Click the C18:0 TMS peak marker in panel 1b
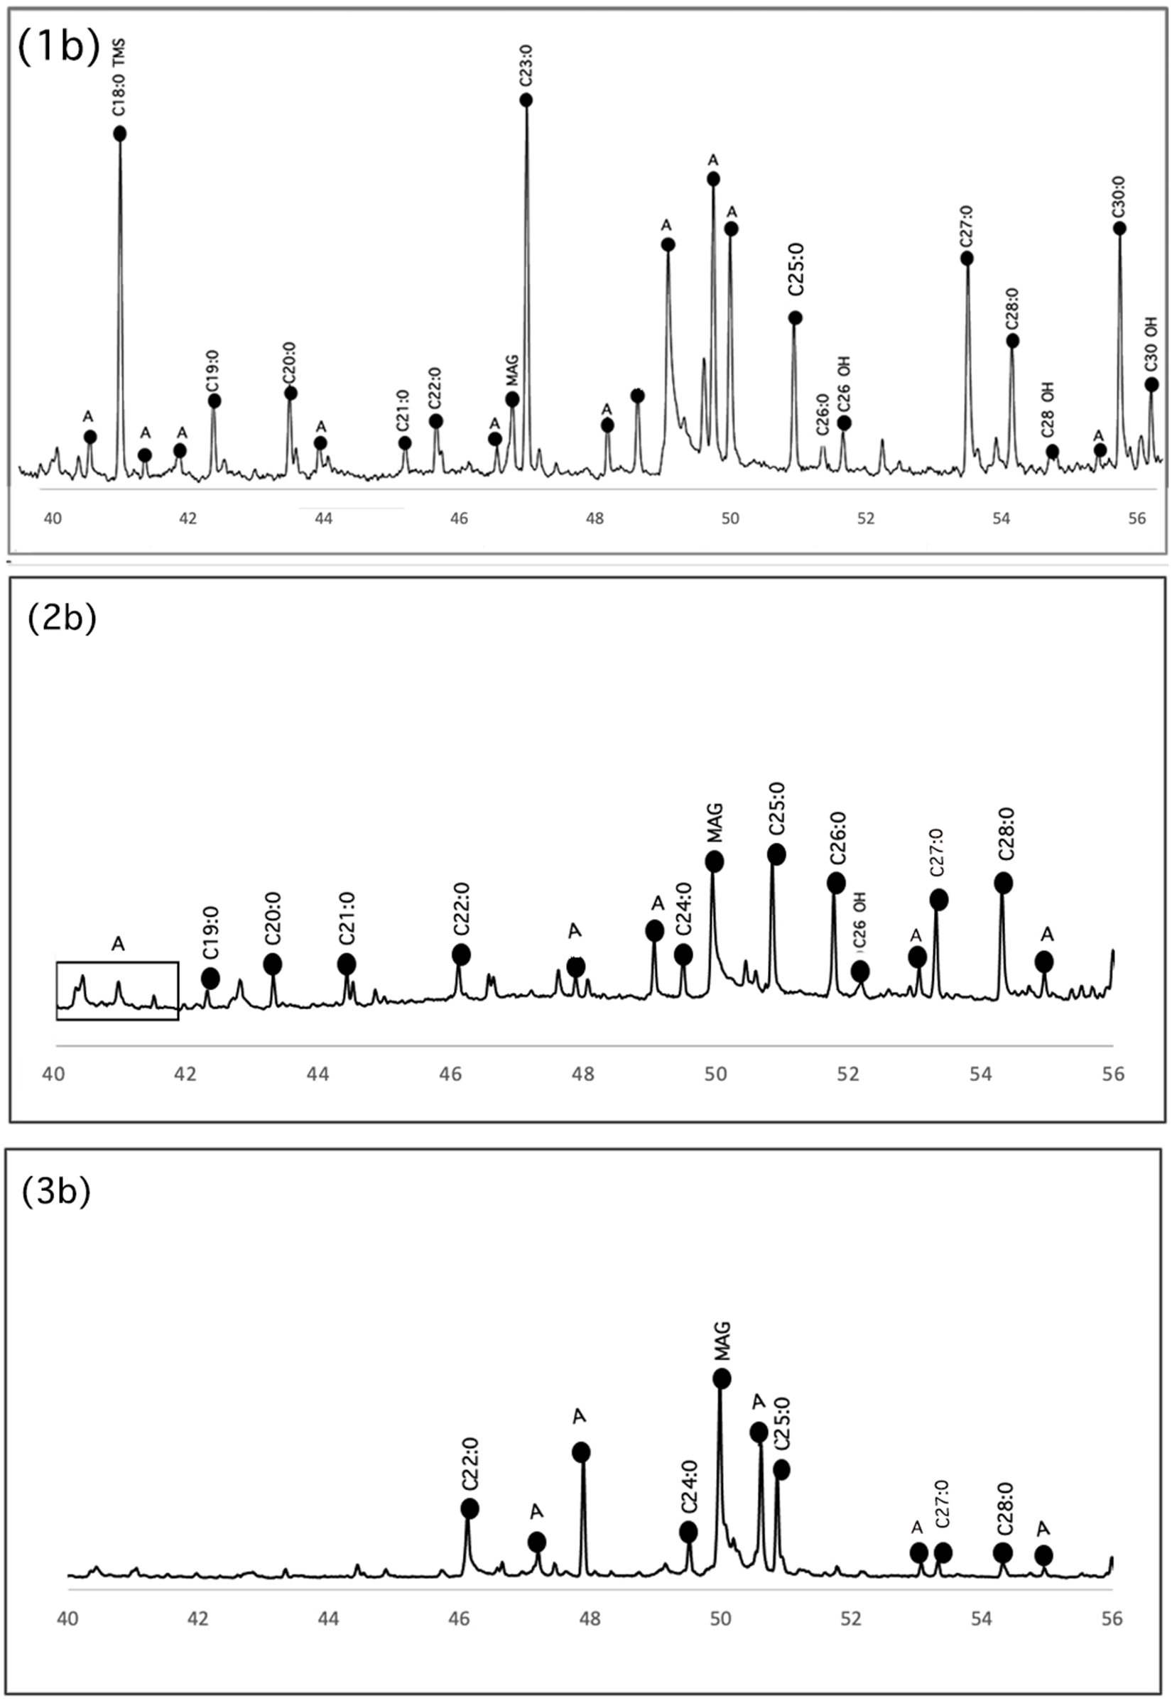tap(120, 133)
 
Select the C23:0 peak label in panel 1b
tap(526, 67)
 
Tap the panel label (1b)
tap(58, 49)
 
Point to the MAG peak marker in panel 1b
tap(513, 399)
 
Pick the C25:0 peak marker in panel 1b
tap(795, 318)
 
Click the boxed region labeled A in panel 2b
tap(117, 990)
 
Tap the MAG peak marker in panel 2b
tap(714, 861)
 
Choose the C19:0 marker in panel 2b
tap(210, 978)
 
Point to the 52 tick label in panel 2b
tap(848, 1074)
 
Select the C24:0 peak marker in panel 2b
tap(683, 954)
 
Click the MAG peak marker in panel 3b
tap(722, 1378)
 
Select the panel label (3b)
tap(56, 1193)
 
